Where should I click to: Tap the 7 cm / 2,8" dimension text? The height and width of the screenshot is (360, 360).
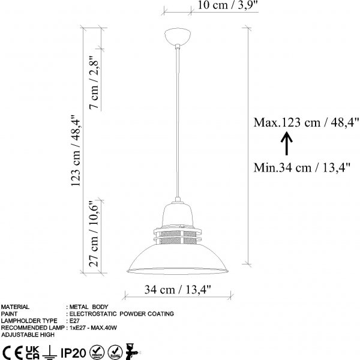click(x=94, y=82)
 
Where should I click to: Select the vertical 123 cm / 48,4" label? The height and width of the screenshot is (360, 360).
click(x=76, y=151)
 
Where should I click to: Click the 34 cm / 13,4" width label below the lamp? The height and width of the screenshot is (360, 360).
click(x=178, y=290)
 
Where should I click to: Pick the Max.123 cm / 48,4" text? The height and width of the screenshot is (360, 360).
click(x=306, y=122)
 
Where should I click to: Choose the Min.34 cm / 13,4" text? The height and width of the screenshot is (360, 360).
click(x=302, y=167)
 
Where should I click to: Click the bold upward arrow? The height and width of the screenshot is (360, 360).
click(x=287, y=143)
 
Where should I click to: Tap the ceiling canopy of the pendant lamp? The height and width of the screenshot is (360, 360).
click(x=178, y=36)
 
